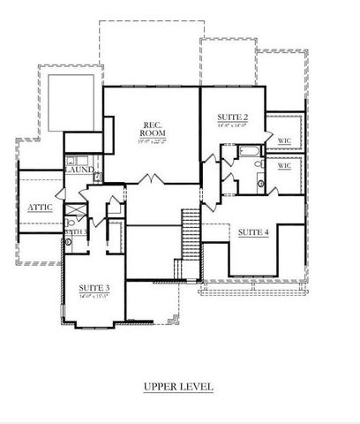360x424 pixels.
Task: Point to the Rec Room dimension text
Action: click(154, 141)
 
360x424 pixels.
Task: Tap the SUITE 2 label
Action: click(232, 117)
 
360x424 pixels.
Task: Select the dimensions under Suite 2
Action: click(232, 126)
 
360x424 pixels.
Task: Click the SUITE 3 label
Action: click(94, 289)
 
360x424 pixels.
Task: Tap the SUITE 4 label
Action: click(254, 232)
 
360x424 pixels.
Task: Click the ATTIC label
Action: click(40, 208)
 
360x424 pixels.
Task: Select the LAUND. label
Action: click(80, 170)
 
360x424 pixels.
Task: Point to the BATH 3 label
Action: click(75, 231)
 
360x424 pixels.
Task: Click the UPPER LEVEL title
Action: click(178, 386)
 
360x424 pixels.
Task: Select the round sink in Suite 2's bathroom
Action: click(259, 183)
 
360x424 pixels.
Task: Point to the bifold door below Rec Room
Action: click(149, 179)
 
